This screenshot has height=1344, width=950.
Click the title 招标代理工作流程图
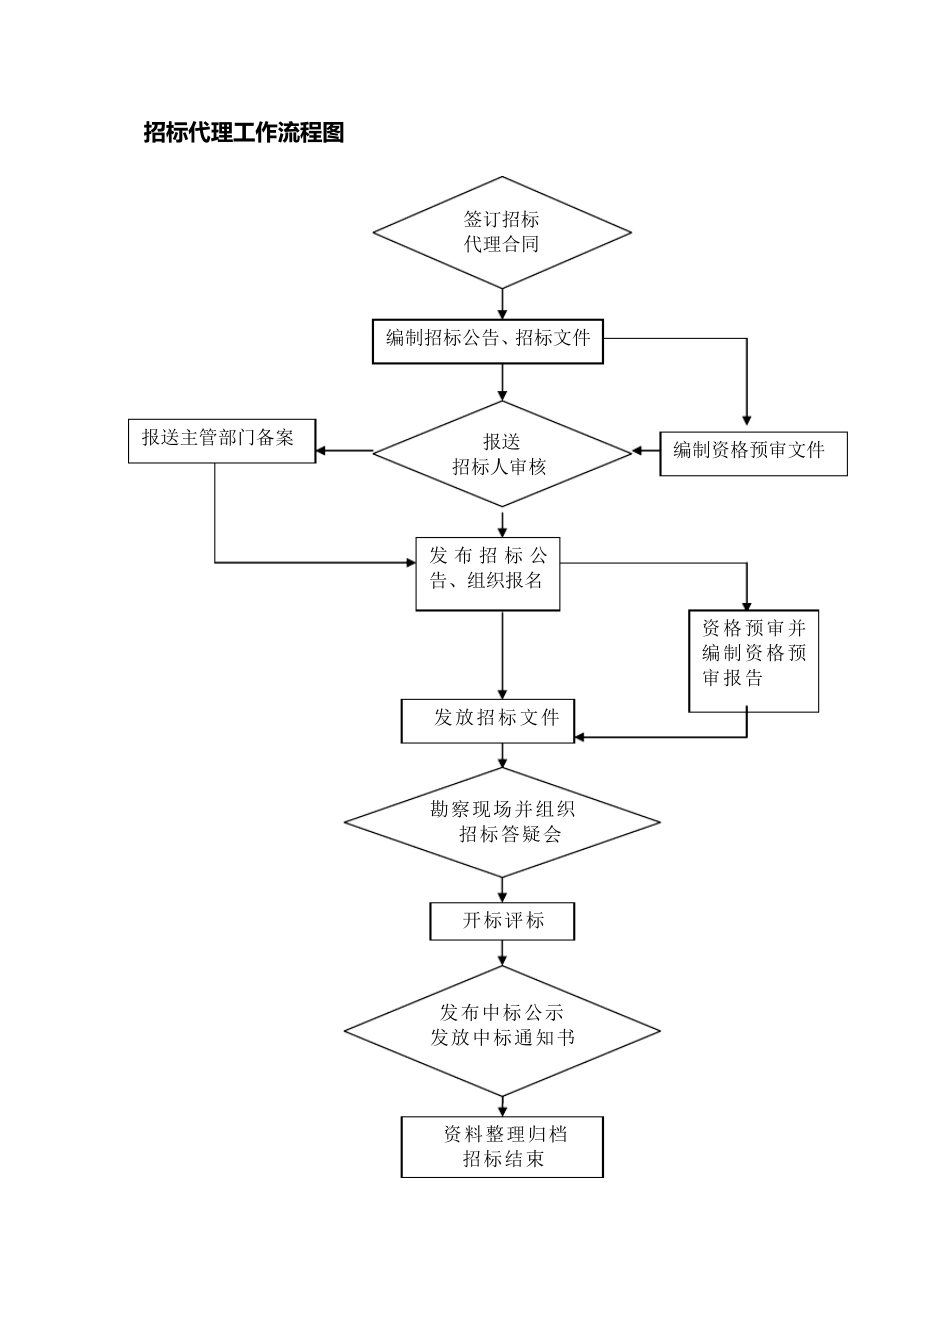(244, 133)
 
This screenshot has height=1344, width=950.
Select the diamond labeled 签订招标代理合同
(502, 232)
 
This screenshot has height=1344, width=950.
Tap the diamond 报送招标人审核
(502, 454)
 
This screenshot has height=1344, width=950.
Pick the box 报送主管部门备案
(221, 440)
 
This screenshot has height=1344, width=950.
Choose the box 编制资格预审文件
(752, 453)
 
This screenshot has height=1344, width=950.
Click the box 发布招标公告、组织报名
(488, 573)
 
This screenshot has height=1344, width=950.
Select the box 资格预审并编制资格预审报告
(753, 660)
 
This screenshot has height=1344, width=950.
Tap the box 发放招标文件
(488, 720)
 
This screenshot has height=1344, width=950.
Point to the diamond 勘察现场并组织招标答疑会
(502, 822)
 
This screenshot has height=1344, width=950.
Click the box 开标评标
(502, 921)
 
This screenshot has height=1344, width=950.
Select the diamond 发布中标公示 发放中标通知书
(502, 1030)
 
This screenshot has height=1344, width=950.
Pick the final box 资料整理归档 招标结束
(502, 1147)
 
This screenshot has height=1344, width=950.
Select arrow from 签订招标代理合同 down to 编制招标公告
(502, 302)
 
